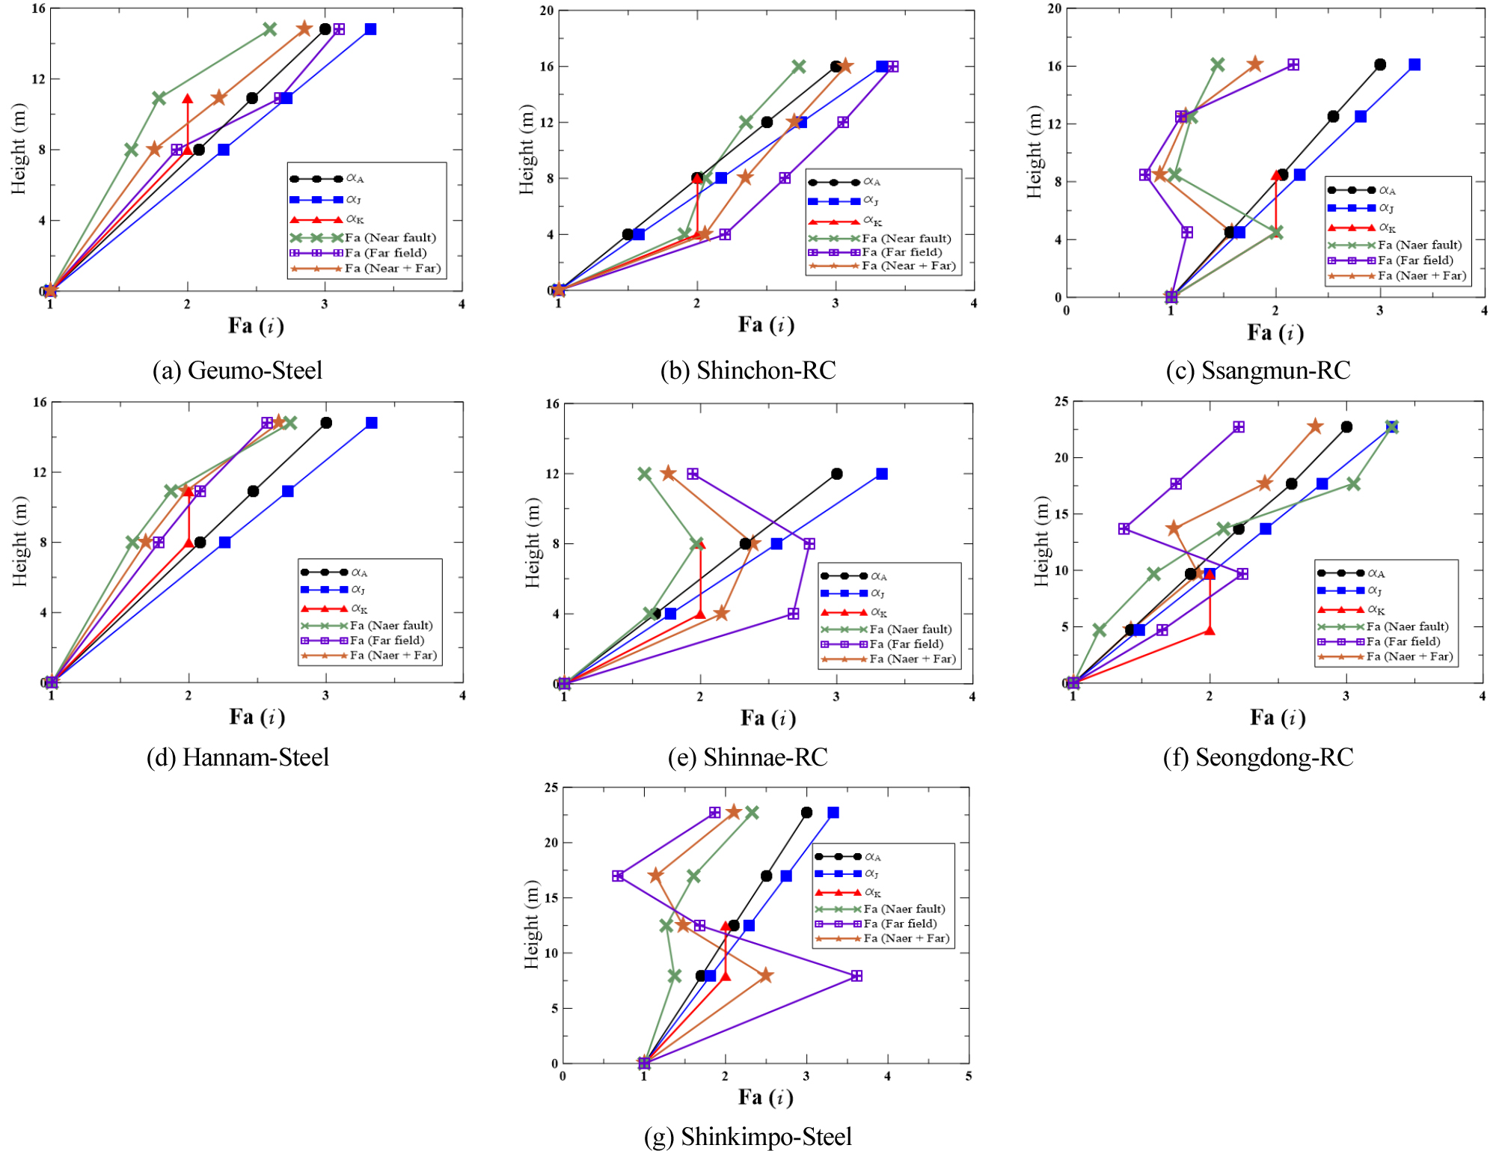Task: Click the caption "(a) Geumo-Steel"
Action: pos(237,370)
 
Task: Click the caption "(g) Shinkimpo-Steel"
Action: pos(747,1137)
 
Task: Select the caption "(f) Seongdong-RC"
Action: pos(1258,757)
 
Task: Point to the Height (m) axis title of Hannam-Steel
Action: pos(19,541)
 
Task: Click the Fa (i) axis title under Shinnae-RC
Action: pos(768,718)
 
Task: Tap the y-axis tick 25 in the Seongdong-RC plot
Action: pos(1061,402)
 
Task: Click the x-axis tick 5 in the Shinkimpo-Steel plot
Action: pos(969,1076)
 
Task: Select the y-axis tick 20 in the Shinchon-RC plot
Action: pos(547,10)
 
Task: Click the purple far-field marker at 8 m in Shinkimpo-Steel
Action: pos(856,976)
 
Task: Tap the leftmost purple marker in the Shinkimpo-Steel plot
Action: pos(618,876)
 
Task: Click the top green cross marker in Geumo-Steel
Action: pos(270,29)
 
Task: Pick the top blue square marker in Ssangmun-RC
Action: pos(1414,65)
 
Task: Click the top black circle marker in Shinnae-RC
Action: pos(836,474)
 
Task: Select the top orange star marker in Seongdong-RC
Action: pos(1315,427)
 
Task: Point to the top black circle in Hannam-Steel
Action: pos(326,423)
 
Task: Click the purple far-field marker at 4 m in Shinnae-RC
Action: pos(793,614)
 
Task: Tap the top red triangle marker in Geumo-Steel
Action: pos(188,99)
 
